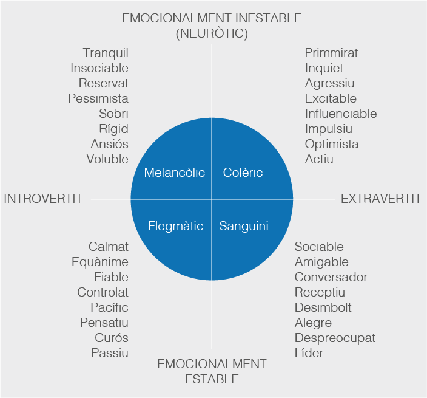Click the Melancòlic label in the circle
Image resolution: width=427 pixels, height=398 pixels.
pos(174,173)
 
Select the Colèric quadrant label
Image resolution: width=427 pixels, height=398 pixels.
pos(243,173)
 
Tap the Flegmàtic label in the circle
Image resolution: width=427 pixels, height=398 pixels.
pos(175,227)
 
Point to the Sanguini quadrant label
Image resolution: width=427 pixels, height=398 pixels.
pos(244,227)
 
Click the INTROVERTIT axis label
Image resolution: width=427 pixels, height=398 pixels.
pos(43,199)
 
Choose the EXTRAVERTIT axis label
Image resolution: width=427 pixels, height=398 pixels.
pos(381,199)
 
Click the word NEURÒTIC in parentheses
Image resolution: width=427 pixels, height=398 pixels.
pos(212,34)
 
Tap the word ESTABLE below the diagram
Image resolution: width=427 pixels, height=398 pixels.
pos(212,380)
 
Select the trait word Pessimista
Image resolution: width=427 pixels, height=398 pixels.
pos(98,98)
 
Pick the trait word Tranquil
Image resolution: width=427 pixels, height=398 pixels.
pos(106,53)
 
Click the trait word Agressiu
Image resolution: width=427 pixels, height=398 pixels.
pos(329,83)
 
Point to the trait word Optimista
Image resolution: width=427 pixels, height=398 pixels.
pos(331,144)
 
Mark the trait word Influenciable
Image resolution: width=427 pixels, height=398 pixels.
pos(340,114)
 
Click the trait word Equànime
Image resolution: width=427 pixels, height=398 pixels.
pos(99,262)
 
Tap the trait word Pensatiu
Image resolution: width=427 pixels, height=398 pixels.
pos(104,323)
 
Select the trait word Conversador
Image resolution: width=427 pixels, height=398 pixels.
pos(331,277)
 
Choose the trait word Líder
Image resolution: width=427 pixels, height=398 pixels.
pos(309,353)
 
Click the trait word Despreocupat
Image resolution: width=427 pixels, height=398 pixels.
pos(335,338)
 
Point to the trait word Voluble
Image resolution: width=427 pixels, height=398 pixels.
pos(107,159)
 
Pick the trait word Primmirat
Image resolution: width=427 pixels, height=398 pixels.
pos(331,53)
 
